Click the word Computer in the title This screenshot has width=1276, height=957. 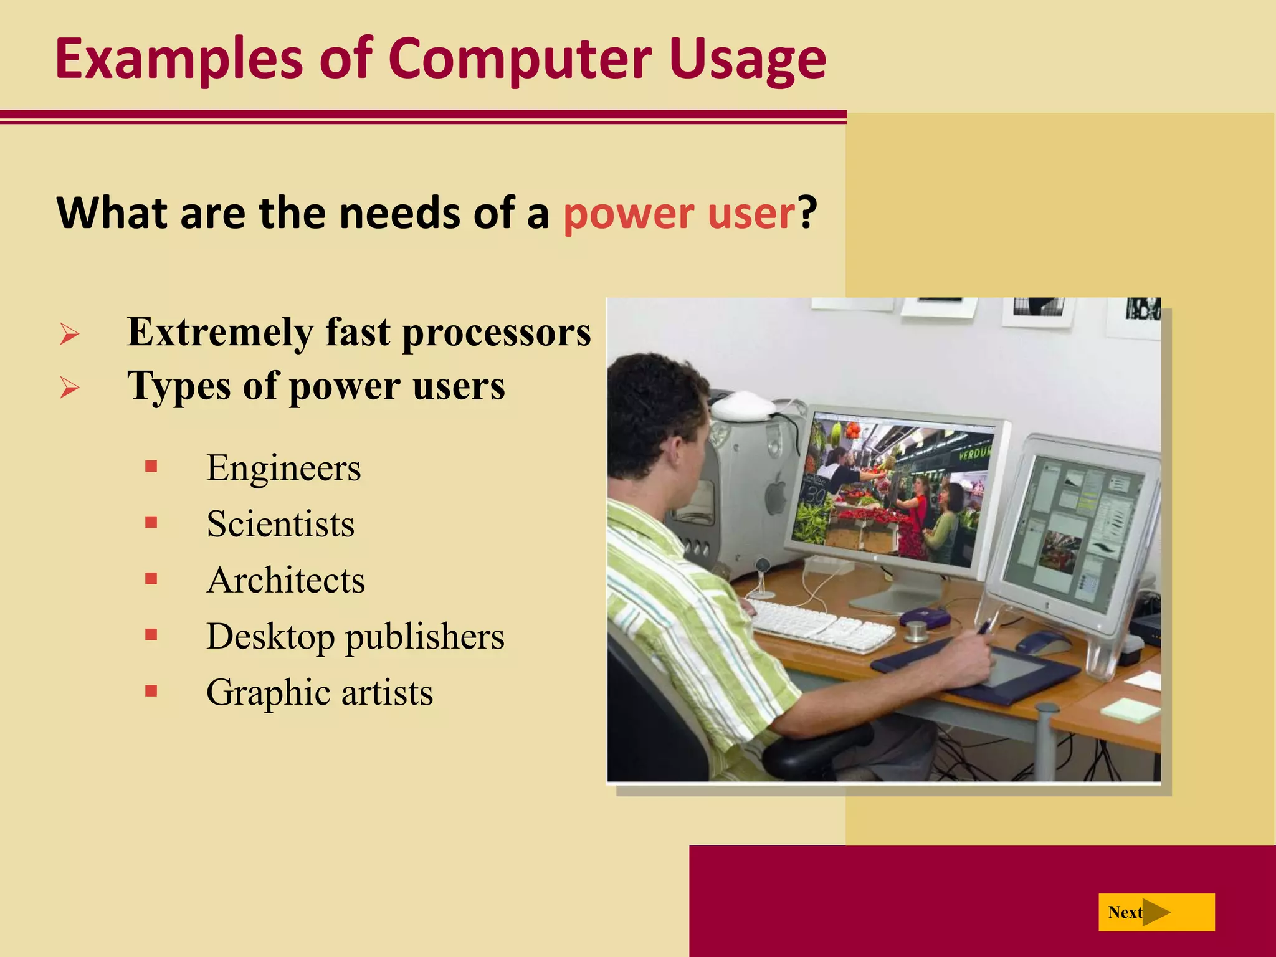point(520,59)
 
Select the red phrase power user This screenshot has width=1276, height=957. point(680,213)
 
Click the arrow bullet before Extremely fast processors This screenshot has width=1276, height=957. point(69,334)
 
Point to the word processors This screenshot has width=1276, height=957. point(496,332)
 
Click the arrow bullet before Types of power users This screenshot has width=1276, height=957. point(69,388)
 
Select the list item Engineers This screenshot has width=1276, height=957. point(283,468)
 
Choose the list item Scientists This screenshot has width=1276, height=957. point(280,524)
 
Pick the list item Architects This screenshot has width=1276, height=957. point(285,580)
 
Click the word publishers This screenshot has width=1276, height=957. point(424,636)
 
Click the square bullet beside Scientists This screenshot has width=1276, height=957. point(151,522)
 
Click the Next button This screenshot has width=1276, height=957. point(1156,912)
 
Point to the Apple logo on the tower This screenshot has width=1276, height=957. point(776,495)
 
